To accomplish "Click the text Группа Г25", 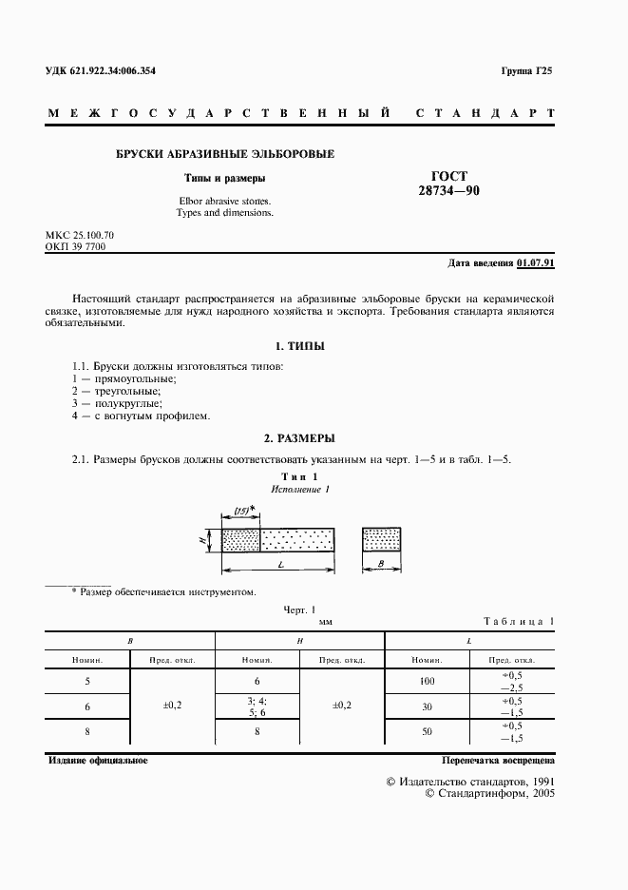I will coord(526,70).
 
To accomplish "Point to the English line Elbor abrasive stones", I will coord(224,201).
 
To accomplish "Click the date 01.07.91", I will coord(537,263).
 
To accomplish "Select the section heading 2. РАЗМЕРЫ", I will coord(298,438).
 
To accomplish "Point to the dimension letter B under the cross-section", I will coord(380,565).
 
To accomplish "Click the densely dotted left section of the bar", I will coord(240,540).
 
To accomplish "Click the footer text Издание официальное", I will coord(97,762).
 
